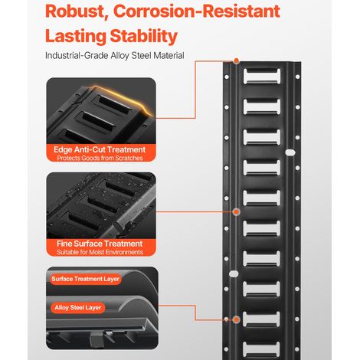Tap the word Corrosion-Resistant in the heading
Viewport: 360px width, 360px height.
[197, 11]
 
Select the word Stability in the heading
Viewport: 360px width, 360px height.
[144, 36]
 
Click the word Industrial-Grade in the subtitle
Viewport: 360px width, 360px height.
[77, 55]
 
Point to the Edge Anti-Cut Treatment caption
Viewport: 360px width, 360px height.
[100, 149]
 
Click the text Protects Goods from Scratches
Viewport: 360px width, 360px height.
[100, 158]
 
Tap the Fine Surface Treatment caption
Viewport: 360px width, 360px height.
[100, 244]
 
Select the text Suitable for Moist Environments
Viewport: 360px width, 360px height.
[100, 252]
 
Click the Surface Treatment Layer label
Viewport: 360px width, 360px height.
[85, 279]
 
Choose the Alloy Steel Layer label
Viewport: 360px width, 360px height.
[78, 308]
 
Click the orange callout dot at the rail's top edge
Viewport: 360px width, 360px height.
[237, 61]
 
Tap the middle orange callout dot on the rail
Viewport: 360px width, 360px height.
[237, 212]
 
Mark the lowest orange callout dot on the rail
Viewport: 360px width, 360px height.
[237, 319]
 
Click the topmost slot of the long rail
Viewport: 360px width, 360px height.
[262, 76]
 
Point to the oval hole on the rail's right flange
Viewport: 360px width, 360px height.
[290, 152]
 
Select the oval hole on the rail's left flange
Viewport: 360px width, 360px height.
[234, 274]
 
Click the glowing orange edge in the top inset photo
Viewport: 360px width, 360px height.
[123, 97]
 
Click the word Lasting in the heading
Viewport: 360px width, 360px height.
[75, 36]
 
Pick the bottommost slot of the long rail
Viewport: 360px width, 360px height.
[262, 349]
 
